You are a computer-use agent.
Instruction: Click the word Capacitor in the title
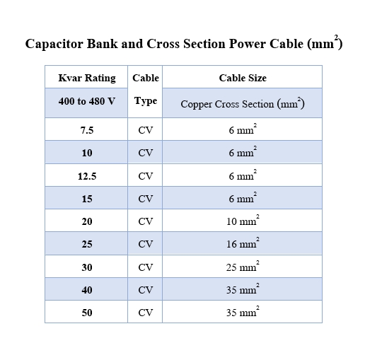[54, 45]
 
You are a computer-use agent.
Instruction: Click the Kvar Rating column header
[87, 79]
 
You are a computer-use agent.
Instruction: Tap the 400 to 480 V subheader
[87, 101]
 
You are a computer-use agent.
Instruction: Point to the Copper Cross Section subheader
[243, 104]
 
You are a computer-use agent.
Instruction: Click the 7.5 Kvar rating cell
[87, 130]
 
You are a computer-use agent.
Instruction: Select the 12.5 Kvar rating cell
[87, 176]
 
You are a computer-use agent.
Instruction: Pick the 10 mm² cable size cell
[243, 221]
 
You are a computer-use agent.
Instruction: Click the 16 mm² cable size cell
[243, 243]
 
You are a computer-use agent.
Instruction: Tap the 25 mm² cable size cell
[243, 266]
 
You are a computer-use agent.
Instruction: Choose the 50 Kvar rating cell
[87, 313]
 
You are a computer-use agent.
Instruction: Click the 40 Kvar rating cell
[87, 290]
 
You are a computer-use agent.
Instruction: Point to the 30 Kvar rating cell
[87, 267]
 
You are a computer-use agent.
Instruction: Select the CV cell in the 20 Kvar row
[146, 221]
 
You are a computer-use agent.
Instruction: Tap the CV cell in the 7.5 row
[146, 130]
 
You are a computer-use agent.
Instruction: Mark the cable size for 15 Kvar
[243, 197]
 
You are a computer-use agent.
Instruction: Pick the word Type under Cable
[146, 101]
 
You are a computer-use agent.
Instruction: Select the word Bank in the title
[102, 44]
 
